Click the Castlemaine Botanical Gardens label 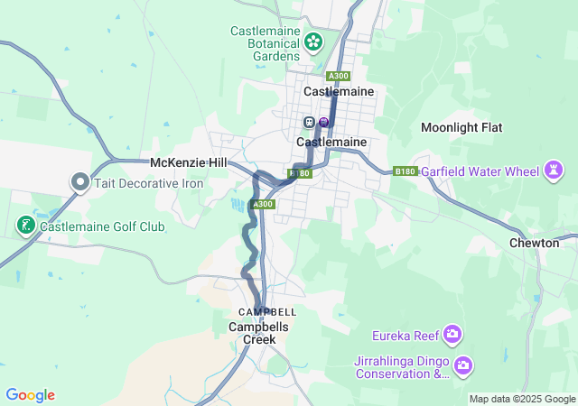pyautogui.click(x=265, y=42)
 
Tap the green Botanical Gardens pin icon pyautogui.click(x=313, y=42)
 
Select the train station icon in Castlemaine pyautogui.click(x=309, y=122)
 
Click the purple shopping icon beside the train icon pyautogui.click(x=324, y=122)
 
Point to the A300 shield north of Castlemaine pyautogui.click(x=339, y=76)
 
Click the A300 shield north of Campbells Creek pyautogui.click(x=263, y=205)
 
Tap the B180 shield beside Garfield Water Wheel pyautogui.click(x=405, y=170)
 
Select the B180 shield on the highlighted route pyautogui.click(x=300, y=173)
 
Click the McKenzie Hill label pyautogui.click(x=188, y=162)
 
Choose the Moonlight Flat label pyautogui.click(x=461, y=127)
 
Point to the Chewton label pyautogui.click(x=534, y=243)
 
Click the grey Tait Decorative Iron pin pyautogui.click(x=79, y=182)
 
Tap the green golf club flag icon pyautogui.click(x=25, y=225)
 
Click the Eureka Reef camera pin pyautogui.click(x=452, y=336)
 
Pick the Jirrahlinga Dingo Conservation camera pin pyautogui.click(x=463, y=365)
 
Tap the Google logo pyautogui.click(x=30, y=395)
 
